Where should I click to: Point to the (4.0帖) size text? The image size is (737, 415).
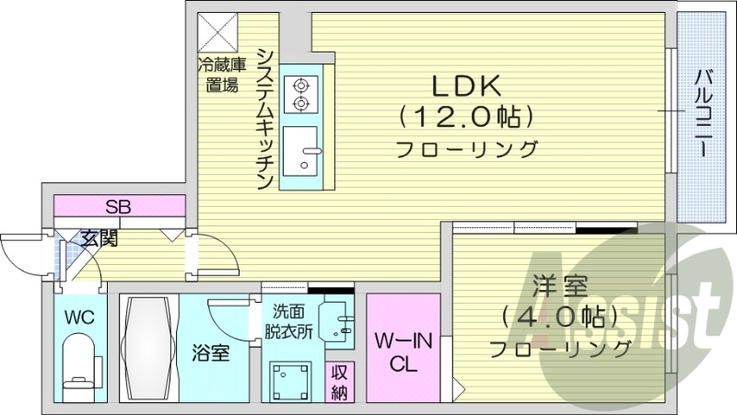click(x=559, y=318)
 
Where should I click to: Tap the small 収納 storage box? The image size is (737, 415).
click(x=341, y=382)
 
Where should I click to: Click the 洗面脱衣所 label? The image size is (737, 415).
click(x=290, y=321)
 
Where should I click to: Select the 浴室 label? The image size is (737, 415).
click(x=211, y=352)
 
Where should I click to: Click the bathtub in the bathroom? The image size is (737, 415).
click(x=146, y=349)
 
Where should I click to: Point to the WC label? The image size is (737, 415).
click(x=79, y=317)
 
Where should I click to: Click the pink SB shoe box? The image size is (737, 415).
click(x=118, y=206)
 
